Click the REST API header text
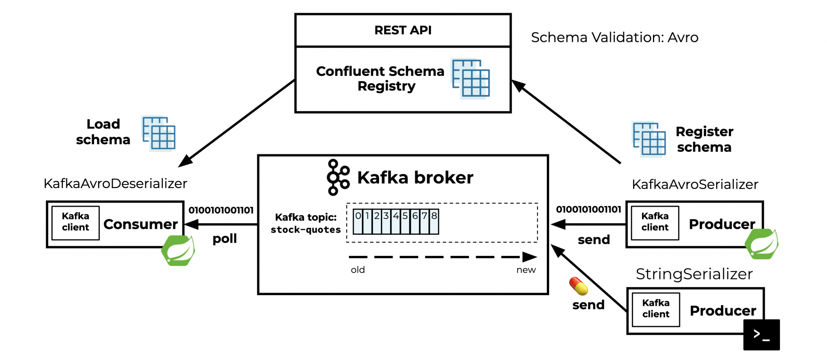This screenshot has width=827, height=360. (403, 30)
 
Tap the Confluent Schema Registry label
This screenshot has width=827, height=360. (380, 79)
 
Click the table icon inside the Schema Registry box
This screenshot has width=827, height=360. (471, 78)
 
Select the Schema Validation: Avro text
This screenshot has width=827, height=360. (614, 38)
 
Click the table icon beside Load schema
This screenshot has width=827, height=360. (159, 134)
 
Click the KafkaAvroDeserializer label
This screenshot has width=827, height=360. (115, 184)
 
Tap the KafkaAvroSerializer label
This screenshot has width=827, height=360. (695, 184)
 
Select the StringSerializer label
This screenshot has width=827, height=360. (694, 274)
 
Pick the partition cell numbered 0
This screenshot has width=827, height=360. (358, 221)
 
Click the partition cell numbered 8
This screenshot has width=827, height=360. (434, 221)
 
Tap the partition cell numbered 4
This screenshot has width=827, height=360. (396, 221)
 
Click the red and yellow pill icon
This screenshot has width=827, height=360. (578, 286)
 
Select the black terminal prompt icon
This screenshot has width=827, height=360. (761, 335)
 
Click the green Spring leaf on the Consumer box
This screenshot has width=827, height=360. (178, 251)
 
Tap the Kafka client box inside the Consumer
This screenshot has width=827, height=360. (76, 222)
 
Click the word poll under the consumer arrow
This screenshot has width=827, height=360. (225, 239)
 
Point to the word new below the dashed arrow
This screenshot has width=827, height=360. (526, 270)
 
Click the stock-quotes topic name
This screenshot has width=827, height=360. (306, 230)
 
